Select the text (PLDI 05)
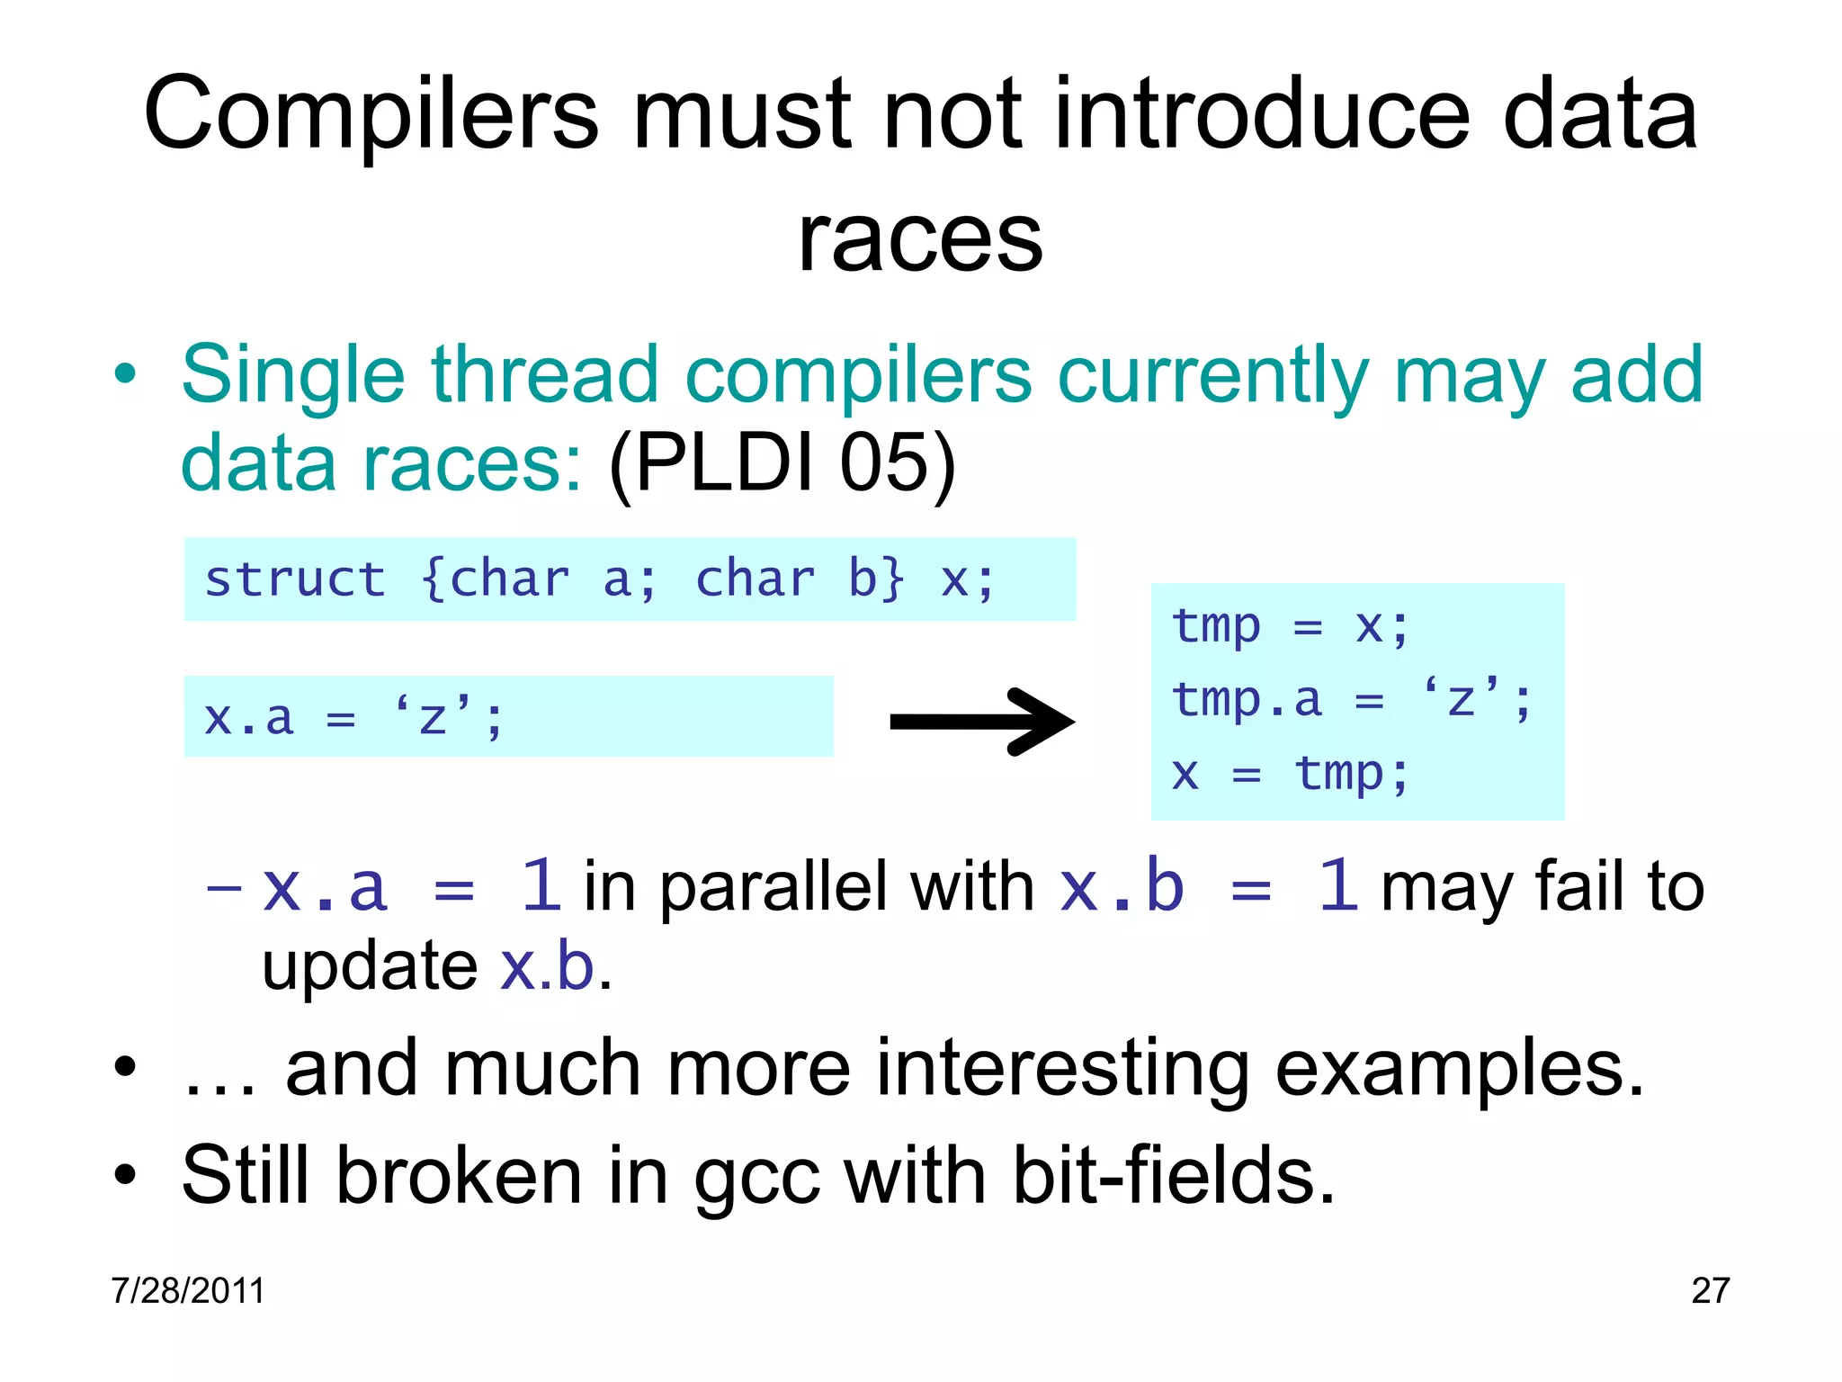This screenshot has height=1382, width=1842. [782, 463]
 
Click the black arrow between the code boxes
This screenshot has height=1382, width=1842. [982, 722]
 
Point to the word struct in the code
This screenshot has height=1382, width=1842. [295, 579]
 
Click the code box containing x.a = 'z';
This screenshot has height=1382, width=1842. [508, 717]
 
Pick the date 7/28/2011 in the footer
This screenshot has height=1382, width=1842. [188, 1290]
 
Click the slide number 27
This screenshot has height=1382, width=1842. [1710, 1290]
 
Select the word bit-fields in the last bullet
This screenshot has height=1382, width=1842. [1173, 1177]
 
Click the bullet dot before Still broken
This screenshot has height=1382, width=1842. [125, 1175]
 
